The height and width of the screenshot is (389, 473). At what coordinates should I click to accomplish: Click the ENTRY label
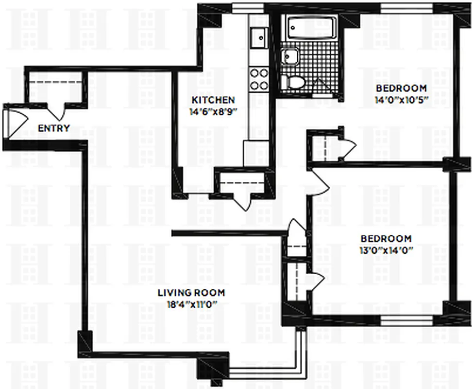point(54,129)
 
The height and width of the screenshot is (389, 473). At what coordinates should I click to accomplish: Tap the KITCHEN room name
point(213,100)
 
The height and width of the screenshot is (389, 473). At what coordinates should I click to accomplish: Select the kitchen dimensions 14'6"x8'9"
point(213,111)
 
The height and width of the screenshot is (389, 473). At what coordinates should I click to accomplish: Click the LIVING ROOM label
point(191,293)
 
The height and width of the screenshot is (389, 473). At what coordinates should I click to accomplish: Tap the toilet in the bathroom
point(294,82)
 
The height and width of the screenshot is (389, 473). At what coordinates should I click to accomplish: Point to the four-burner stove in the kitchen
point(258,79)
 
